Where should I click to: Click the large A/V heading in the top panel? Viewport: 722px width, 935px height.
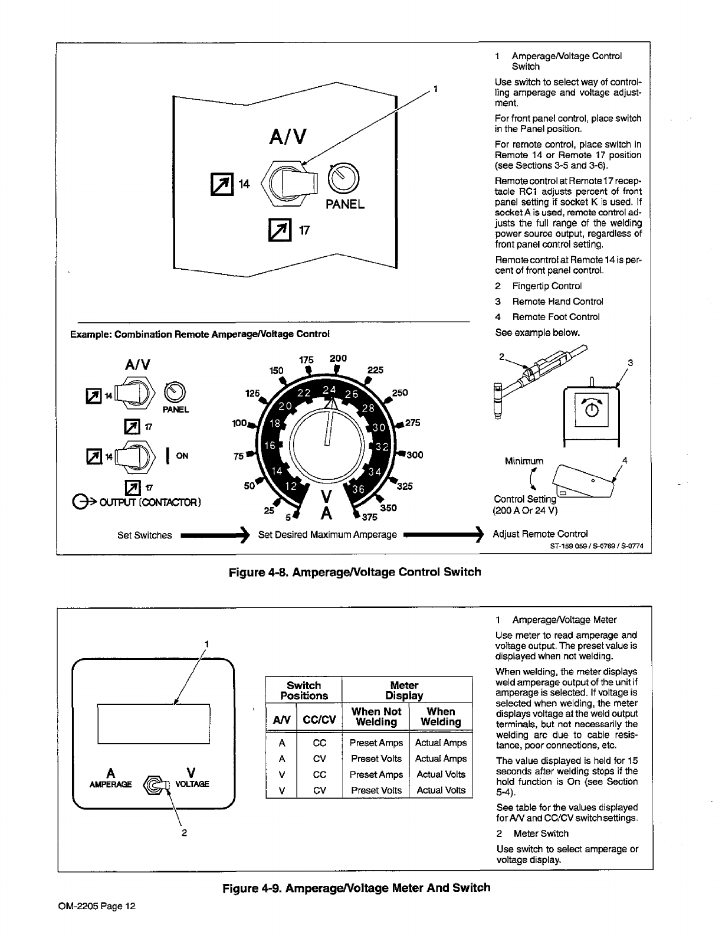point(287,137)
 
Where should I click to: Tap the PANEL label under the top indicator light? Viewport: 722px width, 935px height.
point(345,205)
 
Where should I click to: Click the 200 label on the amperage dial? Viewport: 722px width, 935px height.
point(339,358)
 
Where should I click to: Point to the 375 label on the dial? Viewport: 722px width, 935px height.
point(370,518)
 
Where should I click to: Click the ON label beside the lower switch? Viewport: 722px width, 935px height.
point(182,455)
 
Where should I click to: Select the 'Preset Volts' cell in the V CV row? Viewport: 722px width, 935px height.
point(376,790)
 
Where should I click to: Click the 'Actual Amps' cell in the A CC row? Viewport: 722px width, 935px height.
point(441,743)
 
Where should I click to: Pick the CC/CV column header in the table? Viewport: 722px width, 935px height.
point(319,719)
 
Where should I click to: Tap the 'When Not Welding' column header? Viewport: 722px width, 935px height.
point(376,717)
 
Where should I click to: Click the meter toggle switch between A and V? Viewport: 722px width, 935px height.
point(156,784)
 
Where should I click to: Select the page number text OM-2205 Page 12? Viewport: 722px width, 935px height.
point(97,906)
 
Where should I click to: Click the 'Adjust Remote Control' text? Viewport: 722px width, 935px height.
point(540,534)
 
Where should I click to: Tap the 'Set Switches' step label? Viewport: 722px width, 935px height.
point(145,535)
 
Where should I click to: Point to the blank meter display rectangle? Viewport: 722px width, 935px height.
point(154,723)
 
